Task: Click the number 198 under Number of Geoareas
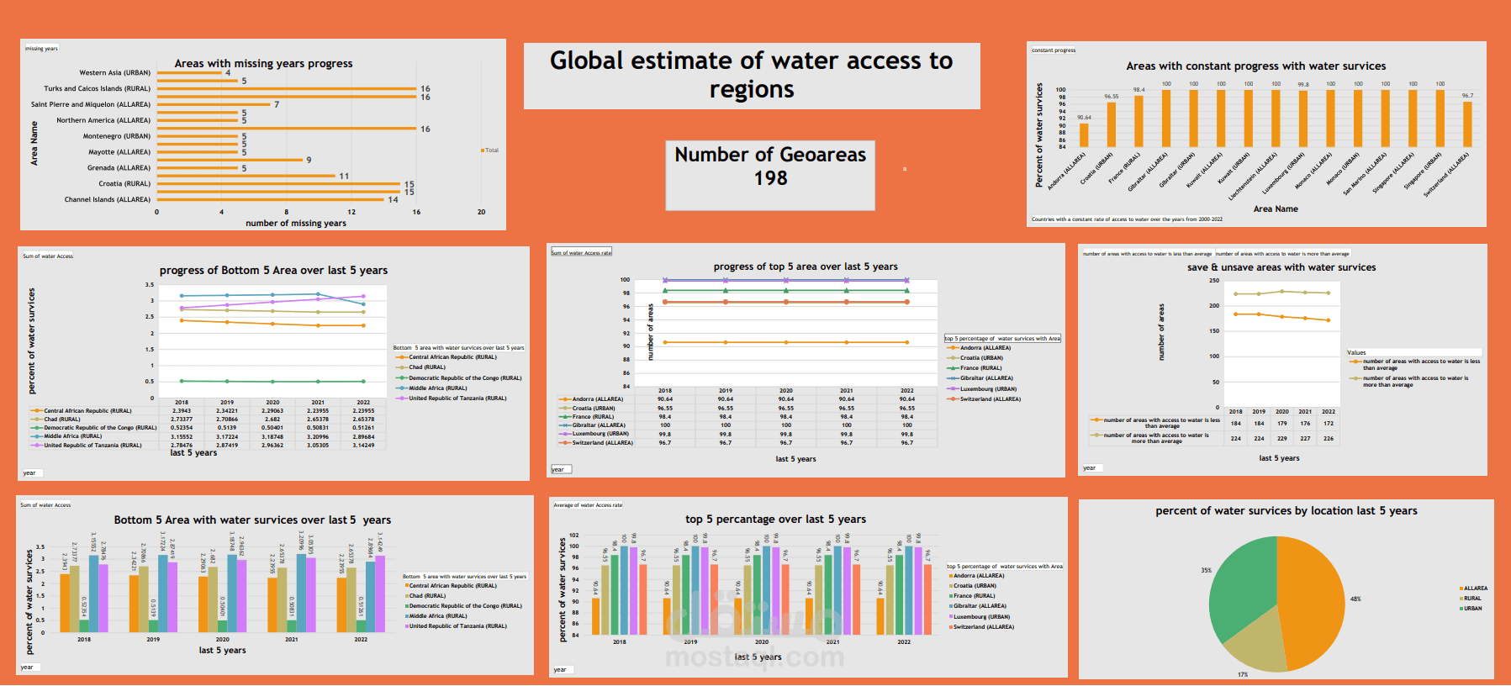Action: tap(770, 178)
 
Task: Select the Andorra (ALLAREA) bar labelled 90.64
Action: tap(1084, 135)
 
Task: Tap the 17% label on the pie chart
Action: tap(1243, 674)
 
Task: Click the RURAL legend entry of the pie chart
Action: tap(1471, 599)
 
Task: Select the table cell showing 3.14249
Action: tap(363, 445)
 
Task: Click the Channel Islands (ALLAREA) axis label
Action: tap(108, 199)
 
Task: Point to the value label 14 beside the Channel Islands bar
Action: tap(393, 199)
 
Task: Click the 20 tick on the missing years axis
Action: tap(481, 212)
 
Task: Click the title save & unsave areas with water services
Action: tap(1281, 267)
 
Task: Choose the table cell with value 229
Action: tap(1281, 438)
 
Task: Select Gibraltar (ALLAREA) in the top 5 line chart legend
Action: tap(985, 378)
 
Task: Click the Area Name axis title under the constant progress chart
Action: tap(1275, 208)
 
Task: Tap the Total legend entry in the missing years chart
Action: tap(491, 150)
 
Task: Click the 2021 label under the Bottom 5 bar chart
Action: tap(291, 639)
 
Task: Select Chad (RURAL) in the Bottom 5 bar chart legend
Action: tap(427, 595)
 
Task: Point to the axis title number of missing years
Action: tap(295, 223)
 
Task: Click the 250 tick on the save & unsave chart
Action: tap(1213, 281)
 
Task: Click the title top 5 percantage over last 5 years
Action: tap(775, 519)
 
